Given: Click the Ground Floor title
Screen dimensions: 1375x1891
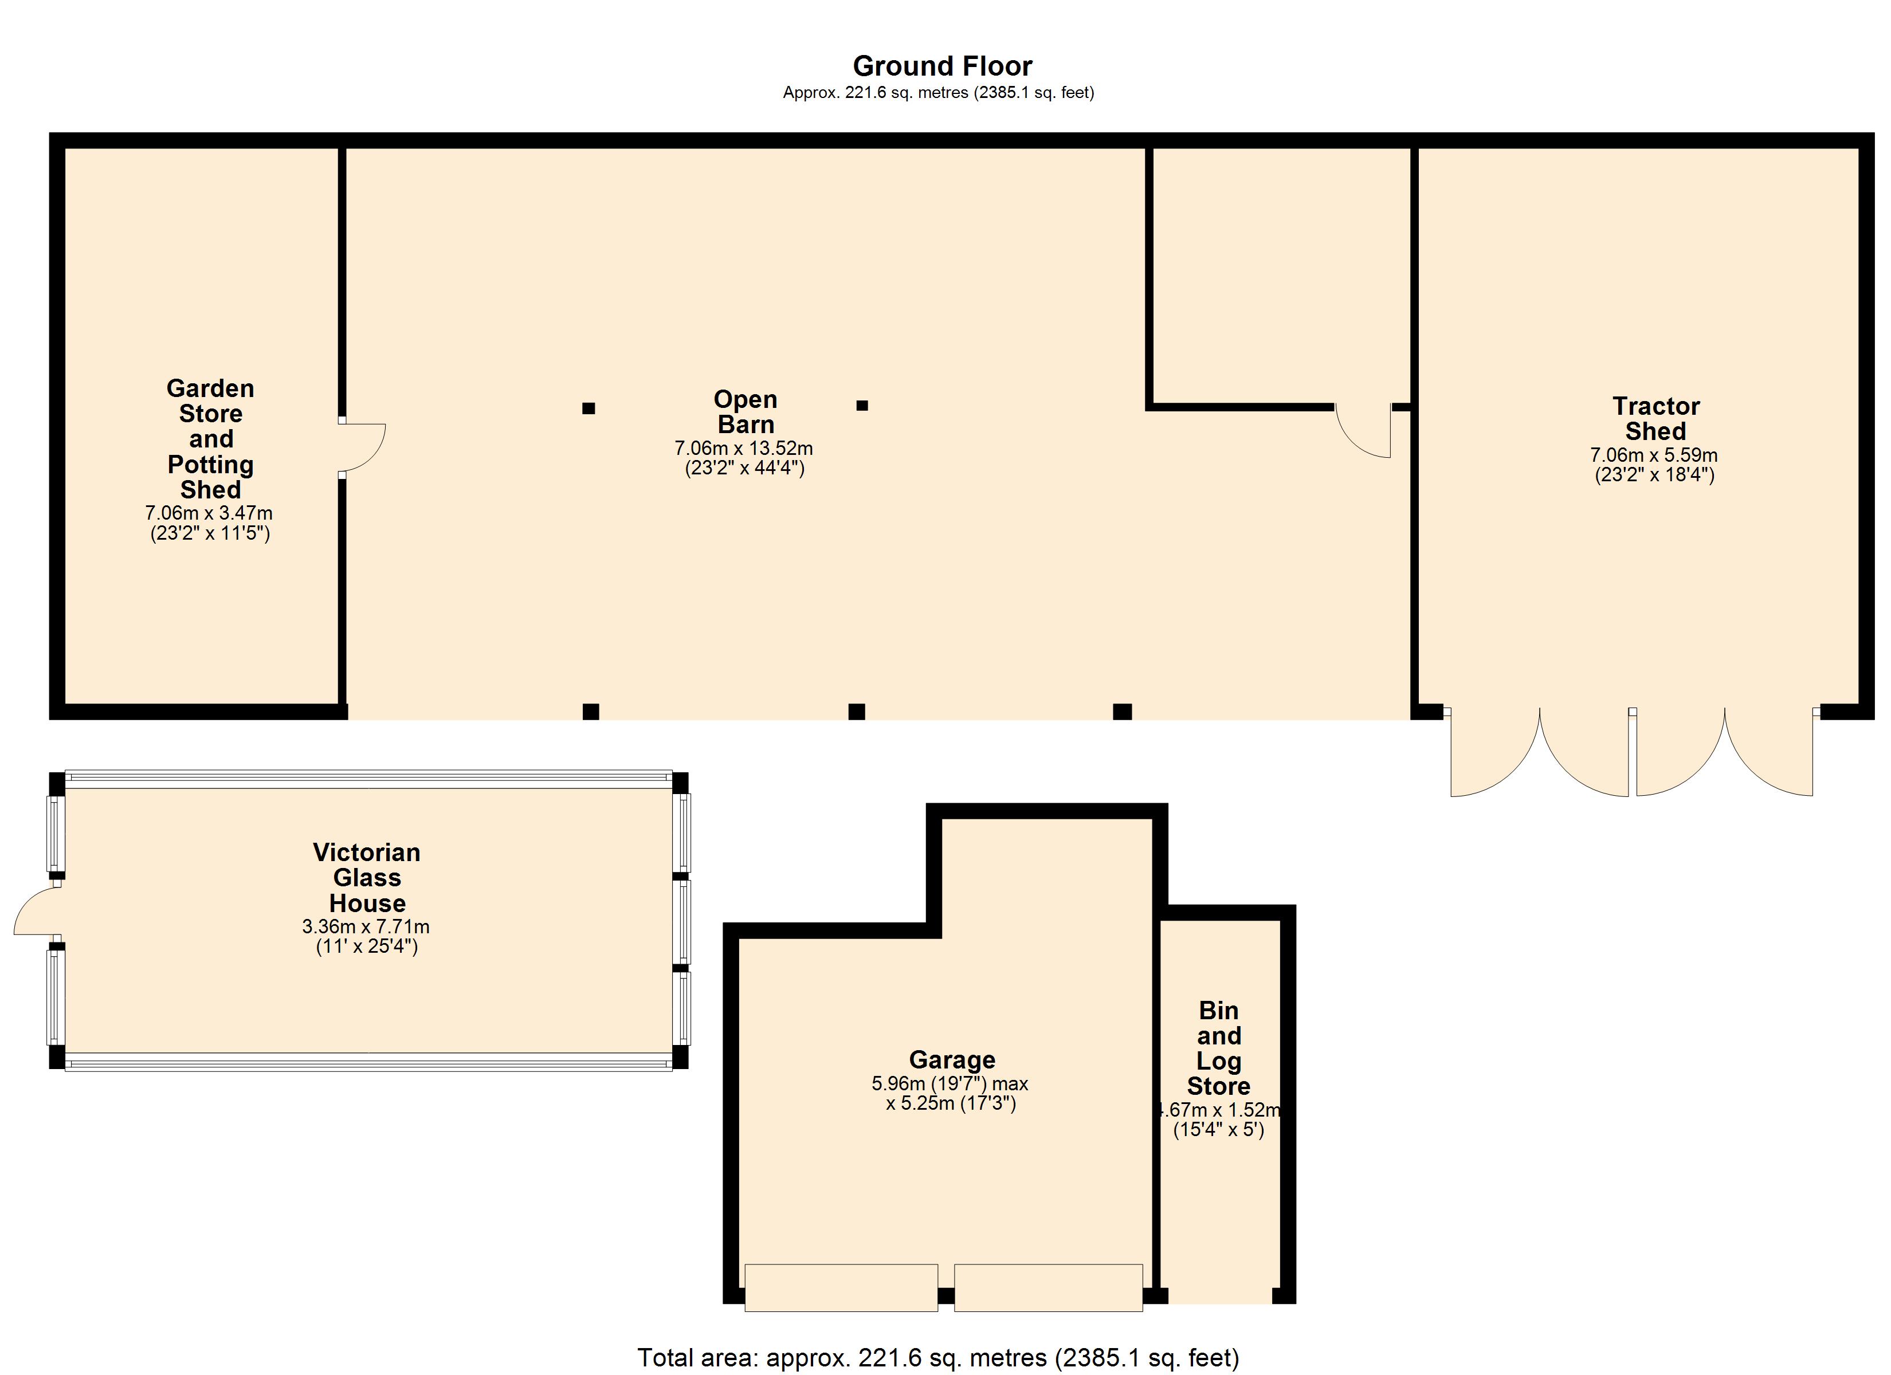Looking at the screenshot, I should (942, 66).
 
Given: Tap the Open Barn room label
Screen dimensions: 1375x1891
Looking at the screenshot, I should (746, 412).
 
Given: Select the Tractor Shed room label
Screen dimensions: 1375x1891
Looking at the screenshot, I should (1655, 419).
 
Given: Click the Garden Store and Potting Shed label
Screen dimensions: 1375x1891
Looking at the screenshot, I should (210, 439).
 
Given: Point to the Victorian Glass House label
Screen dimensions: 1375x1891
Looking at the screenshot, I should (367, 877).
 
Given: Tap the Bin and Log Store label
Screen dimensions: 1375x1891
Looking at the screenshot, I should (1218, 1048).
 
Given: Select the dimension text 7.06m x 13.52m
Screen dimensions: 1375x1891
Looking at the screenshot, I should (744, 449).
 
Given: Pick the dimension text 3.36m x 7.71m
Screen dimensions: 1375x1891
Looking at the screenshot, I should (366, 926).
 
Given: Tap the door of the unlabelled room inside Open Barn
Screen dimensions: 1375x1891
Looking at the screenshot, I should (1363, 431).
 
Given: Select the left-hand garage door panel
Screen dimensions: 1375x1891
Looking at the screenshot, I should (841, 1287).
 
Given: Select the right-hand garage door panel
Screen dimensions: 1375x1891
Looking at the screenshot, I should (1048, 1287).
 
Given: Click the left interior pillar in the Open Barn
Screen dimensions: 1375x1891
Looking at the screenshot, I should (589, 408).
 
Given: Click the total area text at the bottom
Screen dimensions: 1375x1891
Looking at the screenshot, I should (938, 1357).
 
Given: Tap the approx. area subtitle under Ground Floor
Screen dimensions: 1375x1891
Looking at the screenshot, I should (938, 93).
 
